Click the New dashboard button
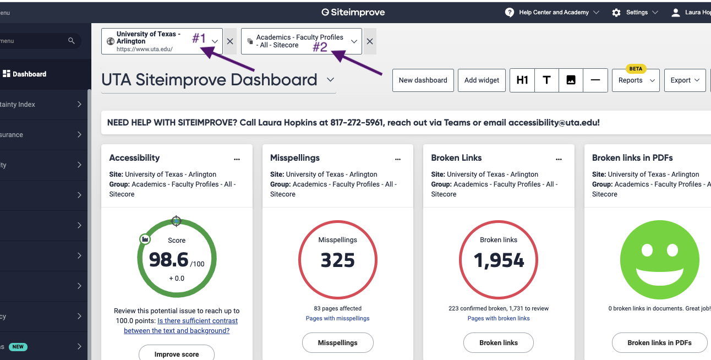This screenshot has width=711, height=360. [423, 80]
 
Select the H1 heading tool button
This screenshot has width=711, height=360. [522, 80]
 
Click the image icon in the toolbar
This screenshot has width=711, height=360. [571, 80]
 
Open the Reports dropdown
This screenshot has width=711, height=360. [636, 80]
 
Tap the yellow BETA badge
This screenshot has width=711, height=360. [636, 69]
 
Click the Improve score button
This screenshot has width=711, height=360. [177, 354]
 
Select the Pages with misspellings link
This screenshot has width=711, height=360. [337, 318]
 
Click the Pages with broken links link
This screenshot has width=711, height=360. [499, 318]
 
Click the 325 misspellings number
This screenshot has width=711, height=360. [338, 260]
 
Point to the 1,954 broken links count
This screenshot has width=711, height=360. [499, 260]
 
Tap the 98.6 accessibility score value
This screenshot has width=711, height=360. [169, 259]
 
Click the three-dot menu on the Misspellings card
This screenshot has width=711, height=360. [398, 159]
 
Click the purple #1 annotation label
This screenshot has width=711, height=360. [199, 39]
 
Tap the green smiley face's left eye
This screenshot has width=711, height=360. [647, 250]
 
